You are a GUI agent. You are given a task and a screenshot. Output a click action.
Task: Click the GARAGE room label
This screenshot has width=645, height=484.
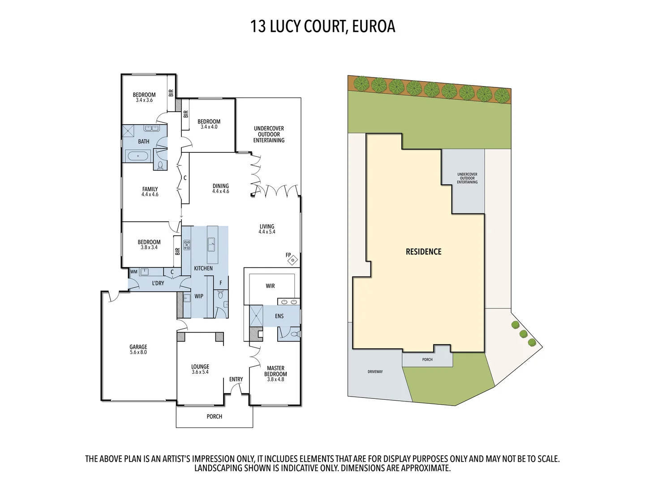coord(138,349)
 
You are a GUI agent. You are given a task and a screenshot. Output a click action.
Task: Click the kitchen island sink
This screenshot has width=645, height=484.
coord(211,246)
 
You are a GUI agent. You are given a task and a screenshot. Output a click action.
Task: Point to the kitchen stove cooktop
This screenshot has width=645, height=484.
coord(187,245)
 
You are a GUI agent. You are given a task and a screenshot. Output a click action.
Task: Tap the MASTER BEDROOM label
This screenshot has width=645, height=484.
coord(275,373)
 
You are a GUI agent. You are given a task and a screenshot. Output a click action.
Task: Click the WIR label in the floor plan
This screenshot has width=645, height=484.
coord(270,286)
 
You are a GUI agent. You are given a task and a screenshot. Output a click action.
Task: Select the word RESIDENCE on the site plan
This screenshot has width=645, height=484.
coord(423,252)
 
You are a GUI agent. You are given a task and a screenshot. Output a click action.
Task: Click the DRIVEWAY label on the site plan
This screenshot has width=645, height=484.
coord(375,372)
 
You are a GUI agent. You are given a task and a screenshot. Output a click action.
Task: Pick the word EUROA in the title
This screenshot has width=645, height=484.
coord(374,26)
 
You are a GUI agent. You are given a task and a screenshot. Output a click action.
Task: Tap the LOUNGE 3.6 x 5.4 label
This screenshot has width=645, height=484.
coord(200,369)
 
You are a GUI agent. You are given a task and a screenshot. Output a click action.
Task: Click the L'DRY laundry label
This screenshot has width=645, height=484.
coord(158,283)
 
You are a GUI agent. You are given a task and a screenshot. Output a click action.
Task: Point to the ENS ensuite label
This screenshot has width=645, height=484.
coord(279,316)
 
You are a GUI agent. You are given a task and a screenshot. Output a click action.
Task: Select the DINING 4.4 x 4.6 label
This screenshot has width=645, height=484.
coord(220,188)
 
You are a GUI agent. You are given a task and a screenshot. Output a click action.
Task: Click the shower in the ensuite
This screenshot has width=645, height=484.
coord(256,316)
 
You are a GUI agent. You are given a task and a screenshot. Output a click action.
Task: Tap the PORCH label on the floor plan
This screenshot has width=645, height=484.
coord(214,416)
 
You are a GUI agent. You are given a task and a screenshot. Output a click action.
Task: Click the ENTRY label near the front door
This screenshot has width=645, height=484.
coord(236,379)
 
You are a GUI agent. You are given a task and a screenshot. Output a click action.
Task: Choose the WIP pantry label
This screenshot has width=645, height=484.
coord(199,296)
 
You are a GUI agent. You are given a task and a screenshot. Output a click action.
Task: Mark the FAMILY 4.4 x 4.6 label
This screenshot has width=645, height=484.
coord(150,191)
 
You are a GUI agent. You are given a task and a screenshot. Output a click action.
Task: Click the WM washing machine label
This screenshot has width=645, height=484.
coord(134,272)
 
